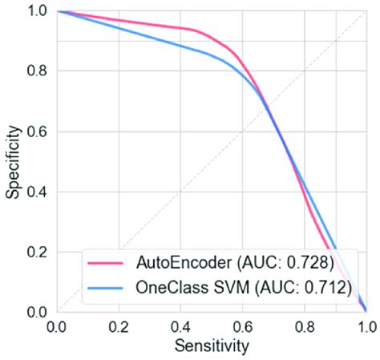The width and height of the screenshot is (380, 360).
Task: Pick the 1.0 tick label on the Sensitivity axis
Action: click(x=365, y=327)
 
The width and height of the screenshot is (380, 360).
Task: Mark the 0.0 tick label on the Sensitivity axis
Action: click(x=58, y=327)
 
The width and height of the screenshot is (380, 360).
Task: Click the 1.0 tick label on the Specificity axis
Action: click(x=37, y=11)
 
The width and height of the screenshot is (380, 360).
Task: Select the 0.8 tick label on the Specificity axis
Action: click(x=37, y=71)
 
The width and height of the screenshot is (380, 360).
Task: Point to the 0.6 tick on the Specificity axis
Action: click(x=37, y=131)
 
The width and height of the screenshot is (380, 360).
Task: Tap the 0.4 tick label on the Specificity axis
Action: click(x=37, y=192)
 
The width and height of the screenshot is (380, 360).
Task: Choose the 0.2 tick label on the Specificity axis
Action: click(x=37, y=252)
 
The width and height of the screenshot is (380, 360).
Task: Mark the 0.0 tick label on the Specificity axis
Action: click(x=37, y=312)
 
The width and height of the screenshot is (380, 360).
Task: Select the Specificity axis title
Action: click(x=11, y=160)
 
